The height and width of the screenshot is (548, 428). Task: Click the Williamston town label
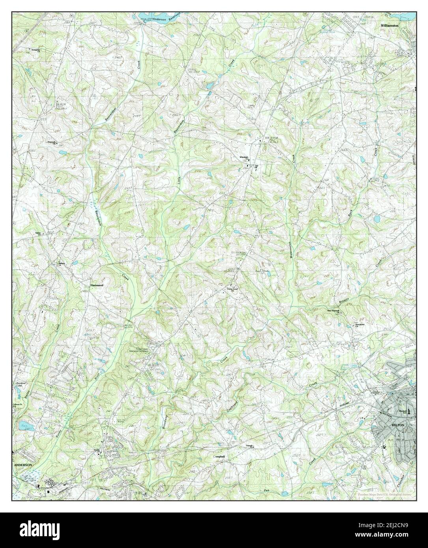coord(390,25)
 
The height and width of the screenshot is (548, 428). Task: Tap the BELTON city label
coord(396,426)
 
